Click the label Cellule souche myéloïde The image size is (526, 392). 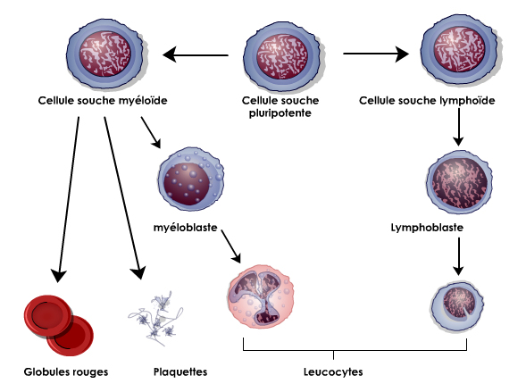[x=103, y=101]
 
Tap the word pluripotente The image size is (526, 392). [x=280, y=113]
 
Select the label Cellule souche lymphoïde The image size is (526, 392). [x=427, y=101]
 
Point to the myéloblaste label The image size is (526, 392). [x=186, y=228]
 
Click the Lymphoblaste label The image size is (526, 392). [x=427, y=228]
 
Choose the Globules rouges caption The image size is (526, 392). [x=66, y=371]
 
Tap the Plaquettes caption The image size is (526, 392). [x=180, y=371]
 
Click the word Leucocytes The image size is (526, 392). [x=333, y=371]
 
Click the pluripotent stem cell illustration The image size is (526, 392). [x=284, y=57]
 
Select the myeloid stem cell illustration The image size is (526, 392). [x=106, y=54]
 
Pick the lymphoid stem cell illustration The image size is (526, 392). [x=461, y=50]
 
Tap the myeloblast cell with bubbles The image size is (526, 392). [x=191, y=179]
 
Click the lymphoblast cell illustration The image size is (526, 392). [x=460, y=182]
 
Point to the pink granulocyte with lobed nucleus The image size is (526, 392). [x=261, y=297]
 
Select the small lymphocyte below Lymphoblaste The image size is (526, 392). [x=457, y=305]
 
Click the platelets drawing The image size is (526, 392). [x=155, y=318]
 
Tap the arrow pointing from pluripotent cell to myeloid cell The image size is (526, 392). [x=196, y=54]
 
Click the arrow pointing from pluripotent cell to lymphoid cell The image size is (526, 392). [x=376, y=54]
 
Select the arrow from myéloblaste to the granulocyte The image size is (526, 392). [x=231, y=246]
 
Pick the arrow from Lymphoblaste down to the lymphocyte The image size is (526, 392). [x=458, y=256]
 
